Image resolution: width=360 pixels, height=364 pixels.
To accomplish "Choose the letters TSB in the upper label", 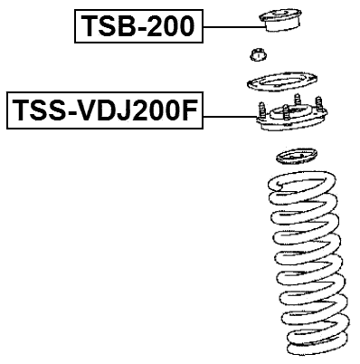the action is pos(105,27).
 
